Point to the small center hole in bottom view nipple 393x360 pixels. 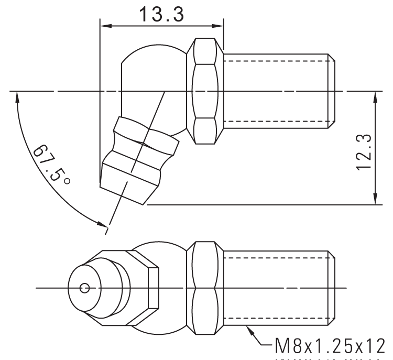(x=84, y=288)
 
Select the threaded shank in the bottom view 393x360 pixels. (x=275, y=288)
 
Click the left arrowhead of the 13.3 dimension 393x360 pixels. (x=103, y=25)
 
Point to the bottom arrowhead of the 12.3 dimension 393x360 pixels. (x=375, y=201)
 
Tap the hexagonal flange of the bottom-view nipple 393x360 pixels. (x=152, y=288)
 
